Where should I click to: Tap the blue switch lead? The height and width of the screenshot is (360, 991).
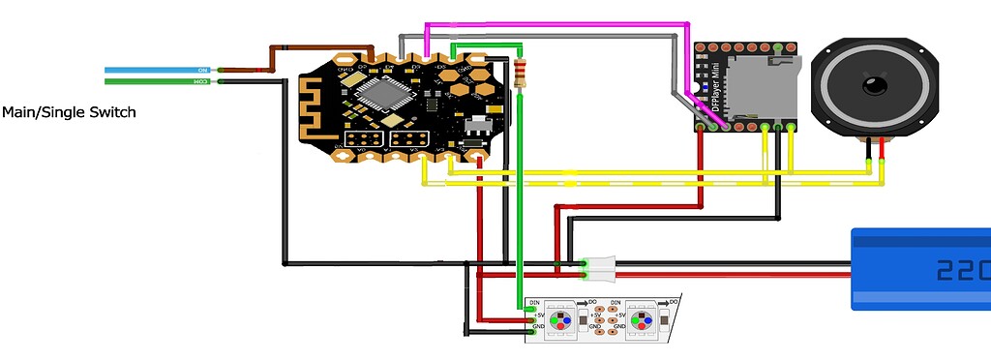[155, 71]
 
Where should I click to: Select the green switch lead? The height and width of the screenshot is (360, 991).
[155, 82]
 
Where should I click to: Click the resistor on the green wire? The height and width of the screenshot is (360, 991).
[523, 73]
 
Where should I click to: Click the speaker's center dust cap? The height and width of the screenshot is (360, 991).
[875, 84]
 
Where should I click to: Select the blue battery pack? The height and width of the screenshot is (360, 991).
[919, 269]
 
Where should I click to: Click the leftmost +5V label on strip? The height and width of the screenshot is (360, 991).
[535, 315]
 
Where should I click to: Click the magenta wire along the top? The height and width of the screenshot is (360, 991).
[561, 25]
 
